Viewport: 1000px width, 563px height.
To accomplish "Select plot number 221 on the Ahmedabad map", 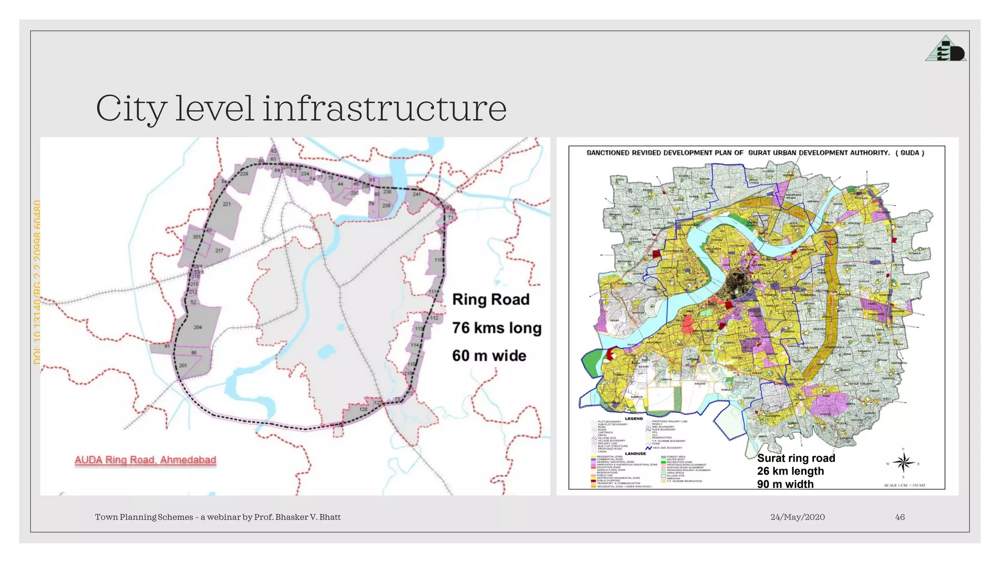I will coord(227,204).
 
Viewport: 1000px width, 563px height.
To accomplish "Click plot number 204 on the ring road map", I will coord(197,327).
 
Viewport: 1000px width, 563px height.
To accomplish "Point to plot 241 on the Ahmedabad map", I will coord(417,194).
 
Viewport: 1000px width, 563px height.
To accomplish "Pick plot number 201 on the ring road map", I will coord(183,365).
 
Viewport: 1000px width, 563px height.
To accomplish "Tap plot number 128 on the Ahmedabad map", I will coord(363,409).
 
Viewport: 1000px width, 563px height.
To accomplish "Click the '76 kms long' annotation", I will coord(497,327).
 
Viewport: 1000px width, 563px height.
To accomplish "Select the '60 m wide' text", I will coord(489,355).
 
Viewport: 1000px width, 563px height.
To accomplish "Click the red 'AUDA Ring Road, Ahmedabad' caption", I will coord(145,460).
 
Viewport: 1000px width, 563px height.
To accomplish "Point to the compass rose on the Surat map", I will coord(903,462).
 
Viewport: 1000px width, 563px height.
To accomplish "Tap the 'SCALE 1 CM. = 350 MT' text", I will coord(904,485).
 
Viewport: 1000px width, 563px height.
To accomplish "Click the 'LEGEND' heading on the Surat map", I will coord(634,418).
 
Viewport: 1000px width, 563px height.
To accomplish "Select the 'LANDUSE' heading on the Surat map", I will coord(635,454).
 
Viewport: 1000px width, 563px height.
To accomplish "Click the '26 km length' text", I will coord(790,471).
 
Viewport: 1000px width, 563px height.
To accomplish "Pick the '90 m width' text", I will coord(785,484).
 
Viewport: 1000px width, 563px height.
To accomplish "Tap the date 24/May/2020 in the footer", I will coord(797,517).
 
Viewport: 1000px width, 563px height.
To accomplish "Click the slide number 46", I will coord(900,517).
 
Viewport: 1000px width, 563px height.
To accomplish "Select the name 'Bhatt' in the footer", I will coord(330,517).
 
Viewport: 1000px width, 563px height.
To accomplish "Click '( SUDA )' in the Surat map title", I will coord(910,153).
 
